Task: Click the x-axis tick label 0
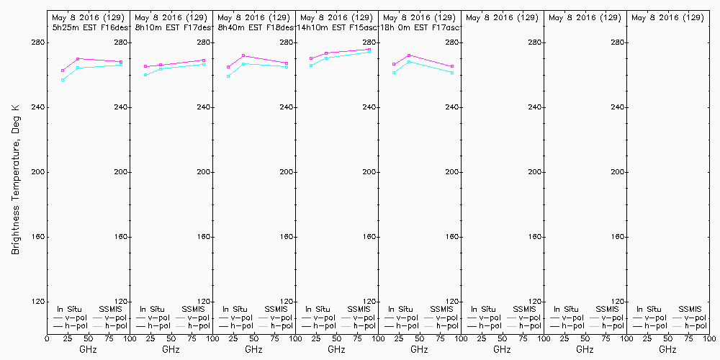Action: tap(47, 337)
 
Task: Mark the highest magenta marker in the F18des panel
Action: tap(243, 55)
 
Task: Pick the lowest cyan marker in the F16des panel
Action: tap(63, 80)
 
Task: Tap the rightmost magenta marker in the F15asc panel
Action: tap(369, 50)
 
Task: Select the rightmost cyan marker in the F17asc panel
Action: tap(452, 73)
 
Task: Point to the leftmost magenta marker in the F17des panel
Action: tap(145, 66)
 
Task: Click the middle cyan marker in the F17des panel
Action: tap(161, 68)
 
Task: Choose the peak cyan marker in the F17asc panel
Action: tap(409, 62)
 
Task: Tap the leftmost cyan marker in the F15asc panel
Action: tap(311, 66)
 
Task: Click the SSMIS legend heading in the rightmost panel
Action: tap(690, 309)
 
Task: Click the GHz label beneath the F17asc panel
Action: tap(419, 349)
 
